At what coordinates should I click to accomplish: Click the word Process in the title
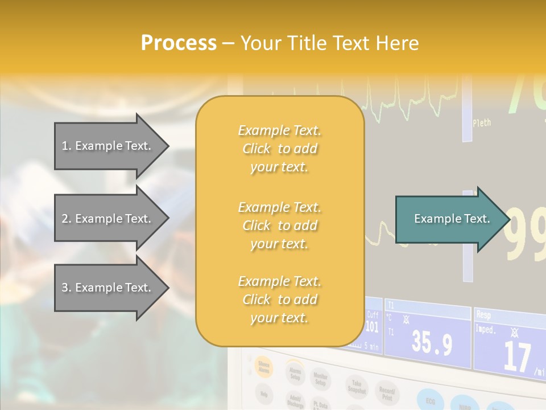pos(179,43)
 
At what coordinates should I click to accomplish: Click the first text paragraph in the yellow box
pos(279,149)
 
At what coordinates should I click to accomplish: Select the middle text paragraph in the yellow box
pos(279,225)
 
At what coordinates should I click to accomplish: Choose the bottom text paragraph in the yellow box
pos(279,300)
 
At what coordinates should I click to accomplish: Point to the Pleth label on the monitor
pos(481,122)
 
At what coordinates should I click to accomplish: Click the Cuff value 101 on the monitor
pos(371,327)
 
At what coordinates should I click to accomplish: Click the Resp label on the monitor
pos(483,314)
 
